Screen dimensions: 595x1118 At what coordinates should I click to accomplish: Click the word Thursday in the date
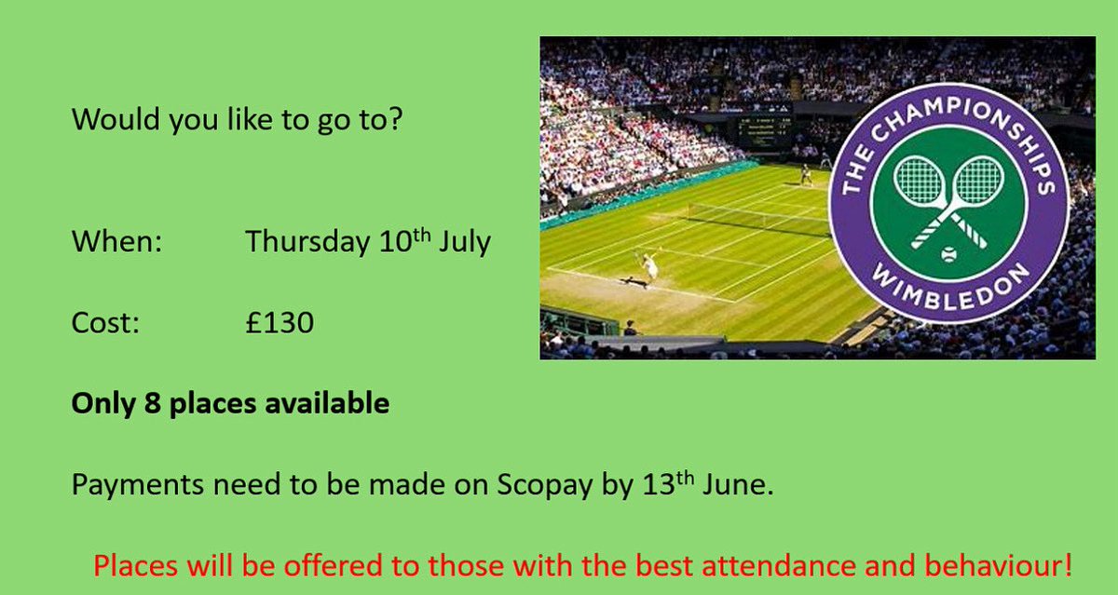305,243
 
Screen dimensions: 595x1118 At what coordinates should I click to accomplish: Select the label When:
116,243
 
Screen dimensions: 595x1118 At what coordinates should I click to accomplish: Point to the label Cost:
105,323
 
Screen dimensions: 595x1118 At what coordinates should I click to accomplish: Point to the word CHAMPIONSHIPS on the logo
950,121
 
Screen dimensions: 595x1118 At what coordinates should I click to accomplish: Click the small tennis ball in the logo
948,253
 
